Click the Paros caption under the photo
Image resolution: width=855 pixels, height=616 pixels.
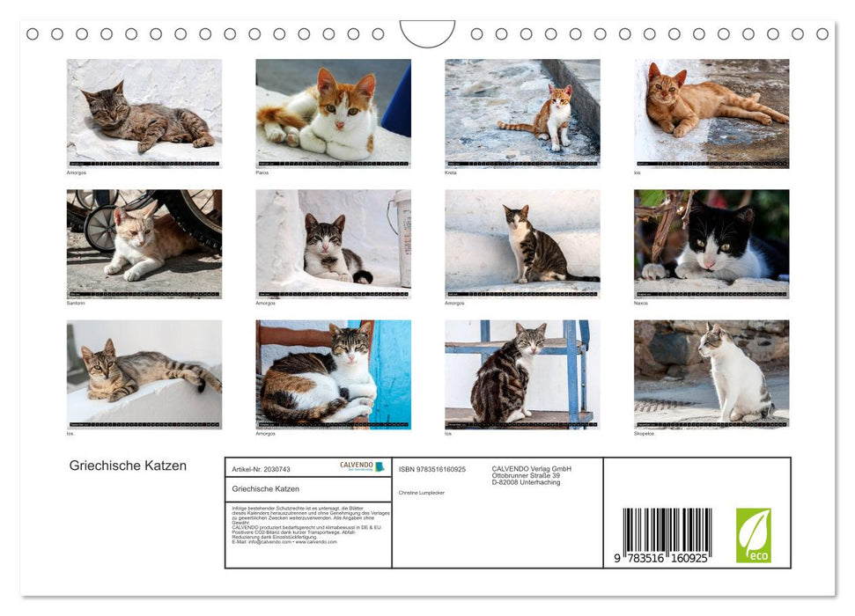[262, 172]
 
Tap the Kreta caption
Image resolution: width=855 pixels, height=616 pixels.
[451, 172]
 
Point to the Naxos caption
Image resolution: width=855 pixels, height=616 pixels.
[641, 303]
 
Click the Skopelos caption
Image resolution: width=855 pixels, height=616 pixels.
[645, 433]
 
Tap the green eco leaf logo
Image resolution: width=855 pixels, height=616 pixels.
[753, 535]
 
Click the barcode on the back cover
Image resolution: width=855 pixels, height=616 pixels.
[667, 532]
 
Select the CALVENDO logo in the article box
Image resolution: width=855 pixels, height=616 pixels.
[362, 466]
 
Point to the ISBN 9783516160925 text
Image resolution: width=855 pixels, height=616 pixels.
[432, 469]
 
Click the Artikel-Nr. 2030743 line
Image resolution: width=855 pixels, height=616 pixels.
[261, 469]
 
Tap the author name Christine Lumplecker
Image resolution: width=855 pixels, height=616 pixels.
[422, 493]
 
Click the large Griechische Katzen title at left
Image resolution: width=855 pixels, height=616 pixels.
[128, 466]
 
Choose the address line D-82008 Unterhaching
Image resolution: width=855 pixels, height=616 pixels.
[526, 482]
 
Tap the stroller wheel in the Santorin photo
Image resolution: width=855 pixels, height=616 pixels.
[100, 229]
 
